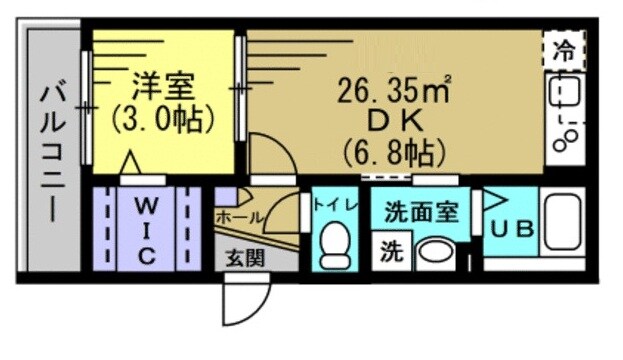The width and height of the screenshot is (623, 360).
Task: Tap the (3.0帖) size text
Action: (x=161, y=119)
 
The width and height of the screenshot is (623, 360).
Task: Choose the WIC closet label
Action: (x=146, y=229)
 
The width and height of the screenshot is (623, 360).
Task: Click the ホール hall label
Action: (x=240, y=217)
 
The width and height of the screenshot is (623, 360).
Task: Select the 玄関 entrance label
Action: (x=244, y=258)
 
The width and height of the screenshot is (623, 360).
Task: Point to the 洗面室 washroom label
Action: (x=420, y=212)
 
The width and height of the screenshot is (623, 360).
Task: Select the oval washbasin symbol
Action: (x=436, y=251)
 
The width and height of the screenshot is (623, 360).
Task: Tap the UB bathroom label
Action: (x=512, y=228)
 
